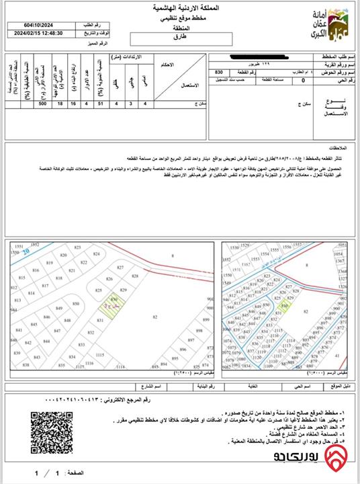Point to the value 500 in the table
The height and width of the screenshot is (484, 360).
pyautogui.click(x=43, y=105)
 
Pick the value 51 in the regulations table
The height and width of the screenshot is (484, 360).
pyautogui.click(x=99, y=105)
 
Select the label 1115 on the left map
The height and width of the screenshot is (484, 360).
pyautogui.click(x=100, y=354)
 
